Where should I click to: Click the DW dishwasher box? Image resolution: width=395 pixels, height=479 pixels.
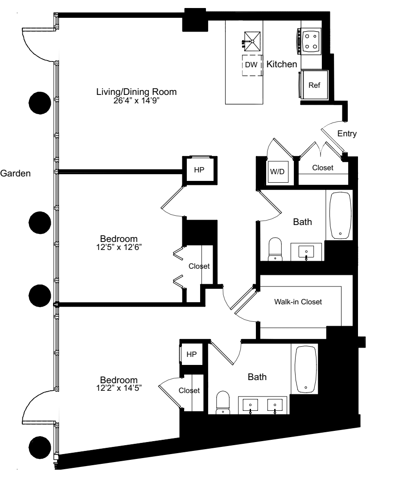pos(251,65)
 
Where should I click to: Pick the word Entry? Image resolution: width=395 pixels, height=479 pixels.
pos(347,133)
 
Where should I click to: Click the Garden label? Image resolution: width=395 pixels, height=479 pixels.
pos(15,174)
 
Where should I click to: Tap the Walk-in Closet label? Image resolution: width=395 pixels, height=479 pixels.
pos(298,302)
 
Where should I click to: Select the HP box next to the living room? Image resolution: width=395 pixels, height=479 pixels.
pos(198,170)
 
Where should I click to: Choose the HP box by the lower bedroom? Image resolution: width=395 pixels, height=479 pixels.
pos(191,355)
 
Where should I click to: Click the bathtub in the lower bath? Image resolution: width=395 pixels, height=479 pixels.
pos(306,368)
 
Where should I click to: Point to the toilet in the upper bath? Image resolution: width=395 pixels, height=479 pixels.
pos(275,249)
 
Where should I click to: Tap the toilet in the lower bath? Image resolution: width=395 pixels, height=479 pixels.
pos(222,403)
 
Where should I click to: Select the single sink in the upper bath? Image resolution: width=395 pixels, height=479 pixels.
pos(307,252)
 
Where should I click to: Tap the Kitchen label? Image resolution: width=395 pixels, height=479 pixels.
pos(282,65)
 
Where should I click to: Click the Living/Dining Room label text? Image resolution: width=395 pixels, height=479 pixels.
pos(136,92)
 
